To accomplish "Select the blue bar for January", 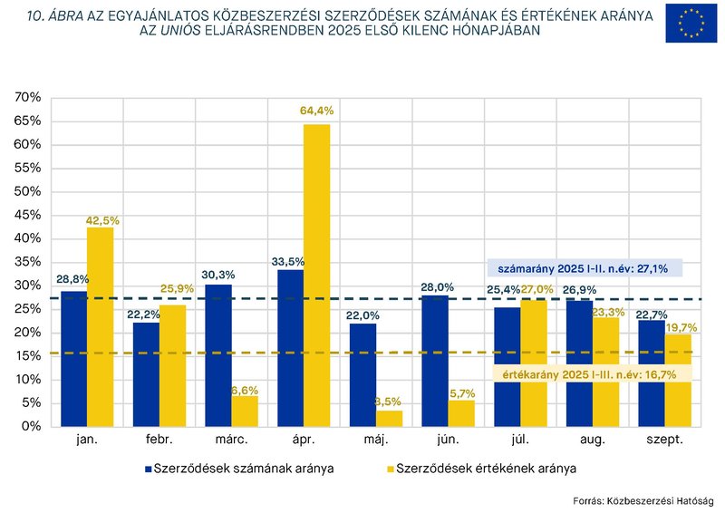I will click(74, 358).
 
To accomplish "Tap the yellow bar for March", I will click(244, 411).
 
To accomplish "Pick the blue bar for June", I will click(436, 360).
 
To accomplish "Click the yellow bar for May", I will click(389, 418).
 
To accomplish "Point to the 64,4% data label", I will click(316, 111).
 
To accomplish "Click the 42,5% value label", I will click(102, 220).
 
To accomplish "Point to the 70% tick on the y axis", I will click(28, 97).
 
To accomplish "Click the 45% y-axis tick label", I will click(28, 215).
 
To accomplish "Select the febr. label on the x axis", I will click(159, 440).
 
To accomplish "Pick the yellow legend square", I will click(391, 469).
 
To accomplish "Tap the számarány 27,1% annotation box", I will click(584, 268).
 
